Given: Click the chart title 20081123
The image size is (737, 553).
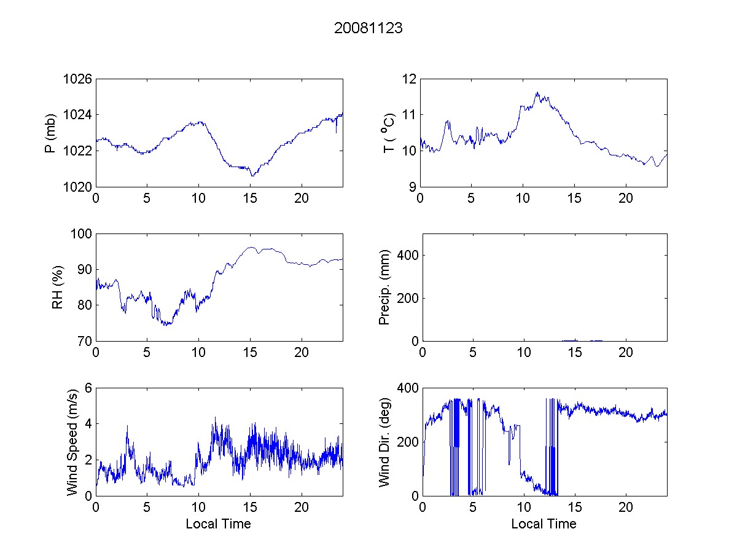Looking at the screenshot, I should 368,28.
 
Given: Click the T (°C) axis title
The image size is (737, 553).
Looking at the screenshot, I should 389,133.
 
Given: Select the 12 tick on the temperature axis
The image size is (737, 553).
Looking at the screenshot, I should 410,79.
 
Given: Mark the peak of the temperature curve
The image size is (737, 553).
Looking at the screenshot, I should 537,92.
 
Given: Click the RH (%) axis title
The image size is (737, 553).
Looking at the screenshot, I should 58,287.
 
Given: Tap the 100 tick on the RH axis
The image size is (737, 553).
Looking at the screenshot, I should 82,234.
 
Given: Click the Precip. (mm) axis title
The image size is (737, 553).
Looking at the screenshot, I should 385,287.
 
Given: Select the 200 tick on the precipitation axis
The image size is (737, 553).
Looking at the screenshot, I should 408,298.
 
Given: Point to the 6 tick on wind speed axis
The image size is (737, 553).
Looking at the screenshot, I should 88,388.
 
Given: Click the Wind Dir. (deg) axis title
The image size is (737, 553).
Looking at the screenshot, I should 385,441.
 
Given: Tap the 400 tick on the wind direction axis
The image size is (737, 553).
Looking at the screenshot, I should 408,388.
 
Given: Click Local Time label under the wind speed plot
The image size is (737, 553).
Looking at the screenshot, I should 218,524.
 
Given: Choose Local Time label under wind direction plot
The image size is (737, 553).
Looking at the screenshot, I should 544,524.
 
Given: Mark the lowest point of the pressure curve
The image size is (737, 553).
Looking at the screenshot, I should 252,176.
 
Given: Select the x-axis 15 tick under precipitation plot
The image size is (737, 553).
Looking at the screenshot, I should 574,353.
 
